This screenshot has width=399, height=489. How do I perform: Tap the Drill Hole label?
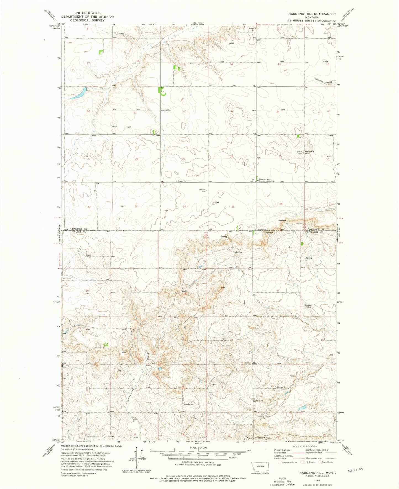tap(152, 363)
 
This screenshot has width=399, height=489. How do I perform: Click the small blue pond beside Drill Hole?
tap(160, 369)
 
